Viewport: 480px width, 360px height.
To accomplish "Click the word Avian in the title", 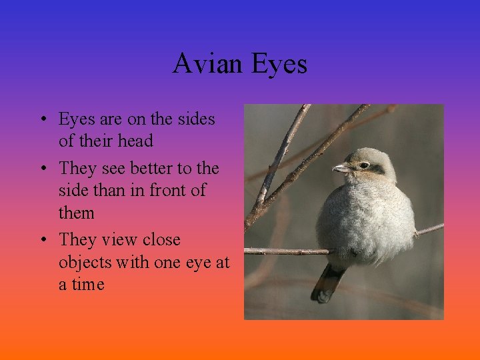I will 209,64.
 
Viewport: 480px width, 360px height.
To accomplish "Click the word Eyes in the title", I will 279,64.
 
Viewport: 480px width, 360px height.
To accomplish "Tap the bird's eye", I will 364,165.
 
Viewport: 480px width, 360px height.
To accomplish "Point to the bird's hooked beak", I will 340,168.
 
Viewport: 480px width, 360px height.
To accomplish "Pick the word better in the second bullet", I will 147,168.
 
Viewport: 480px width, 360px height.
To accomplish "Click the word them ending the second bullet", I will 76,213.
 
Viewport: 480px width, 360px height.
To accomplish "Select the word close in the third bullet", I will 159,239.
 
